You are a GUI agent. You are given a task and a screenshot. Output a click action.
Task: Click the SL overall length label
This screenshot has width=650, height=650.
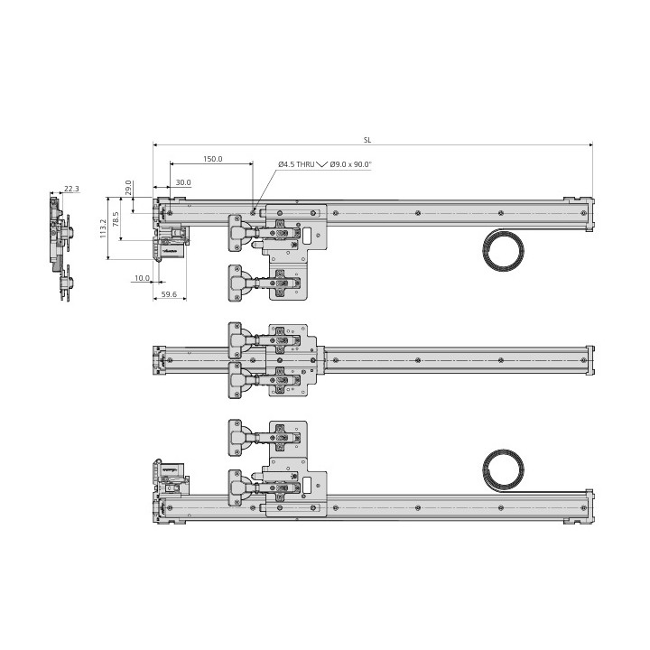point(367,140)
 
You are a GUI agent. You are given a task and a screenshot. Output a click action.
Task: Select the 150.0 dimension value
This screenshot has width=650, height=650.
point(213,159)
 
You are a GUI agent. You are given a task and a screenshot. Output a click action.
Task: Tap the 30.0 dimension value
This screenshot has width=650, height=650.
point(183,182)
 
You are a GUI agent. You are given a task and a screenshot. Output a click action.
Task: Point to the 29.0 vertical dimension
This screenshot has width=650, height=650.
point(128,188)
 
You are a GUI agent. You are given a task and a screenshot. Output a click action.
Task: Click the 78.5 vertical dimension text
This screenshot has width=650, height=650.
point(116,218)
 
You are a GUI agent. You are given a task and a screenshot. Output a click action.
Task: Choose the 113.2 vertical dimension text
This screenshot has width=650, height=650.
point(103,228)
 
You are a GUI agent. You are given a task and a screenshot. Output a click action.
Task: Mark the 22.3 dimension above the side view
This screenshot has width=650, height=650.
point(71,189)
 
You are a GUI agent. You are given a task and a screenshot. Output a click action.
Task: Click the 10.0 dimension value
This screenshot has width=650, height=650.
point(143,278)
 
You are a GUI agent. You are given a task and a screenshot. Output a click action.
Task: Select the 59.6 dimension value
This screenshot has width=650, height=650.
point(169,294)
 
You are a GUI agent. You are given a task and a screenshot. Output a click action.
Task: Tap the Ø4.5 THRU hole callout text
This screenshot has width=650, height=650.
point(296,164)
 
